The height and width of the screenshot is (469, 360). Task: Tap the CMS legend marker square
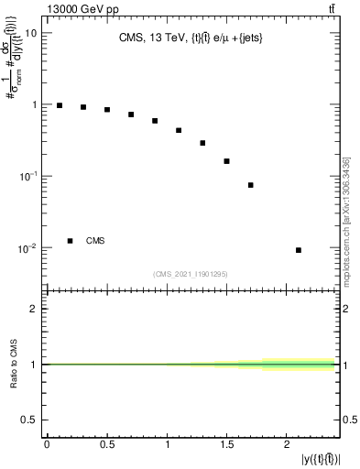tap(70, 241)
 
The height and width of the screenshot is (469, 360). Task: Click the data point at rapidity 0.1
tap(60, 105)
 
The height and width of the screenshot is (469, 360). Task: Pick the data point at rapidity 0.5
tap(107, 110)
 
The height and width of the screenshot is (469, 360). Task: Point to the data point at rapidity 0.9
tap(155, 121)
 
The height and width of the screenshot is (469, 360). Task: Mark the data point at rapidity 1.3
tap(202, 143)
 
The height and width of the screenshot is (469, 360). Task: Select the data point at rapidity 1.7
tap(250, 185)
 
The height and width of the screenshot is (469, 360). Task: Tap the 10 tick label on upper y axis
tap(29, 33)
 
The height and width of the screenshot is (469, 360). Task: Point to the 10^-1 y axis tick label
tap(27, 176)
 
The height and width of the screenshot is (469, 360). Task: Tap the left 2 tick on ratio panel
tap(34, 309)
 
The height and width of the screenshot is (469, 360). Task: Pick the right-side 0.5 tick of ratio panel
tap(348, 420)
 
